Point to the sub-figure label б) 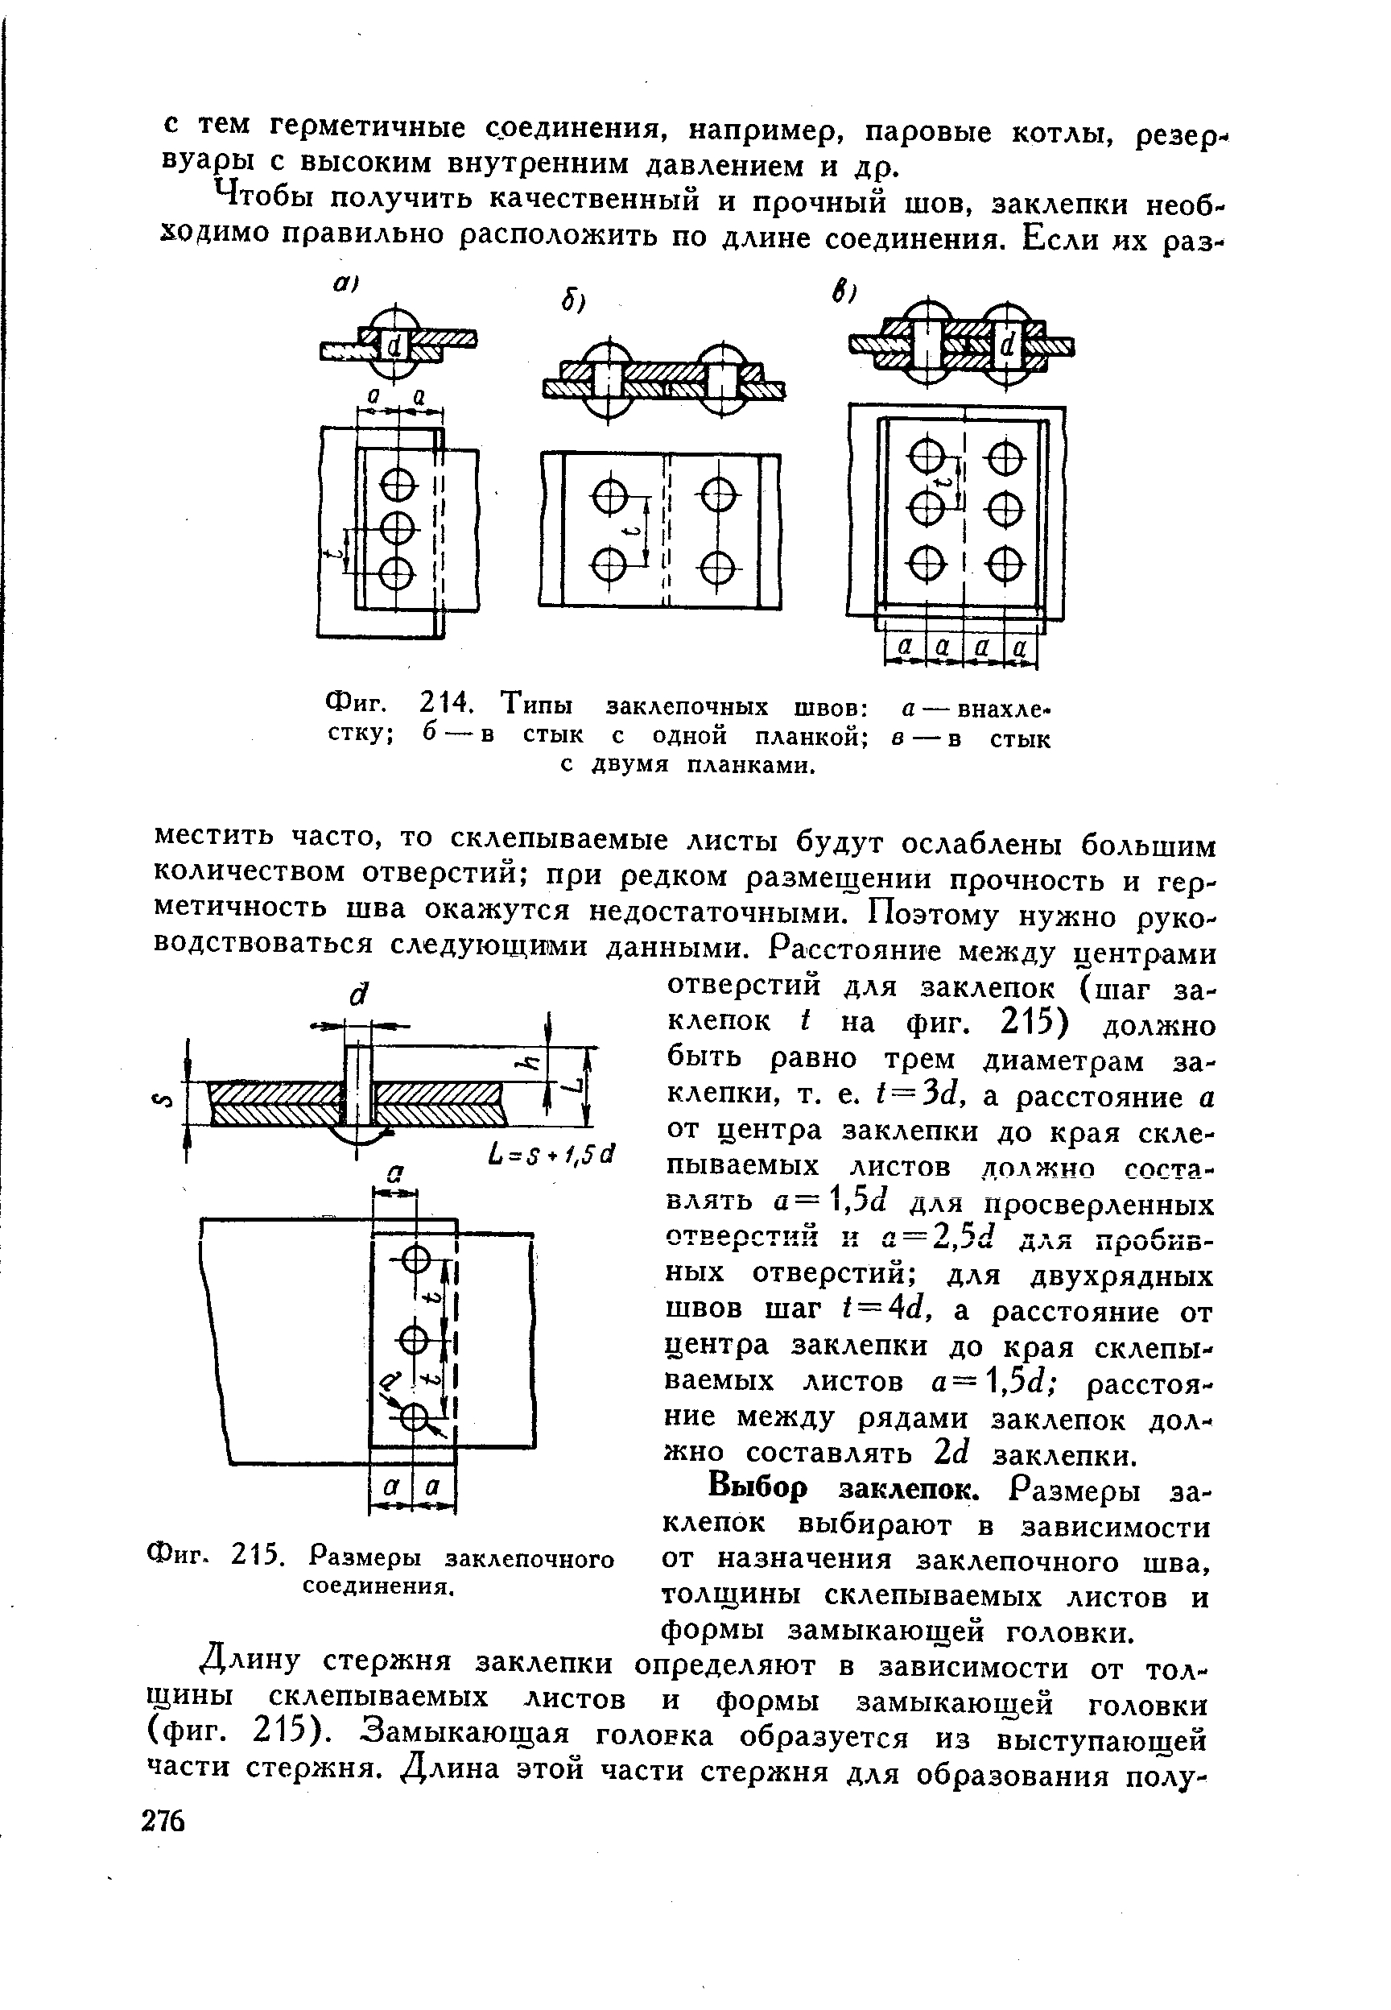coord(572,303)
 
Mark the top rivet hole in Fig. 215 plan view coord(415,1259)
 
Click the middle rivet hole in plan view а coord(397,527)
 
